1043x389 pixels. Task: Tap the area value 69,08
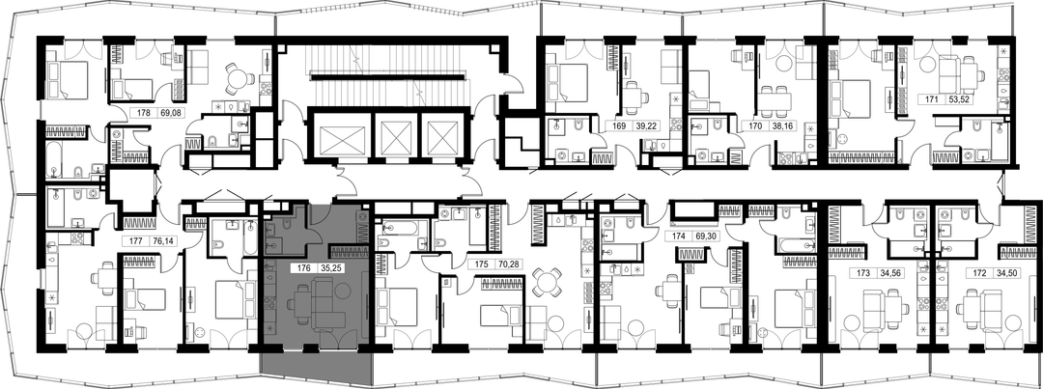point(172,113)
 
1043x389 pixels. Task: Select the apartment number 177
point(136,242)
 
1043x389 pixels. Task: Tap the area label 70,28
point(510,264)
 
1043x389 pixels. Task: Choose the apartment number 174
point(678,236)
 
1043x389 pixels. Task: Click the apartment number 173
point(864,272)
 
